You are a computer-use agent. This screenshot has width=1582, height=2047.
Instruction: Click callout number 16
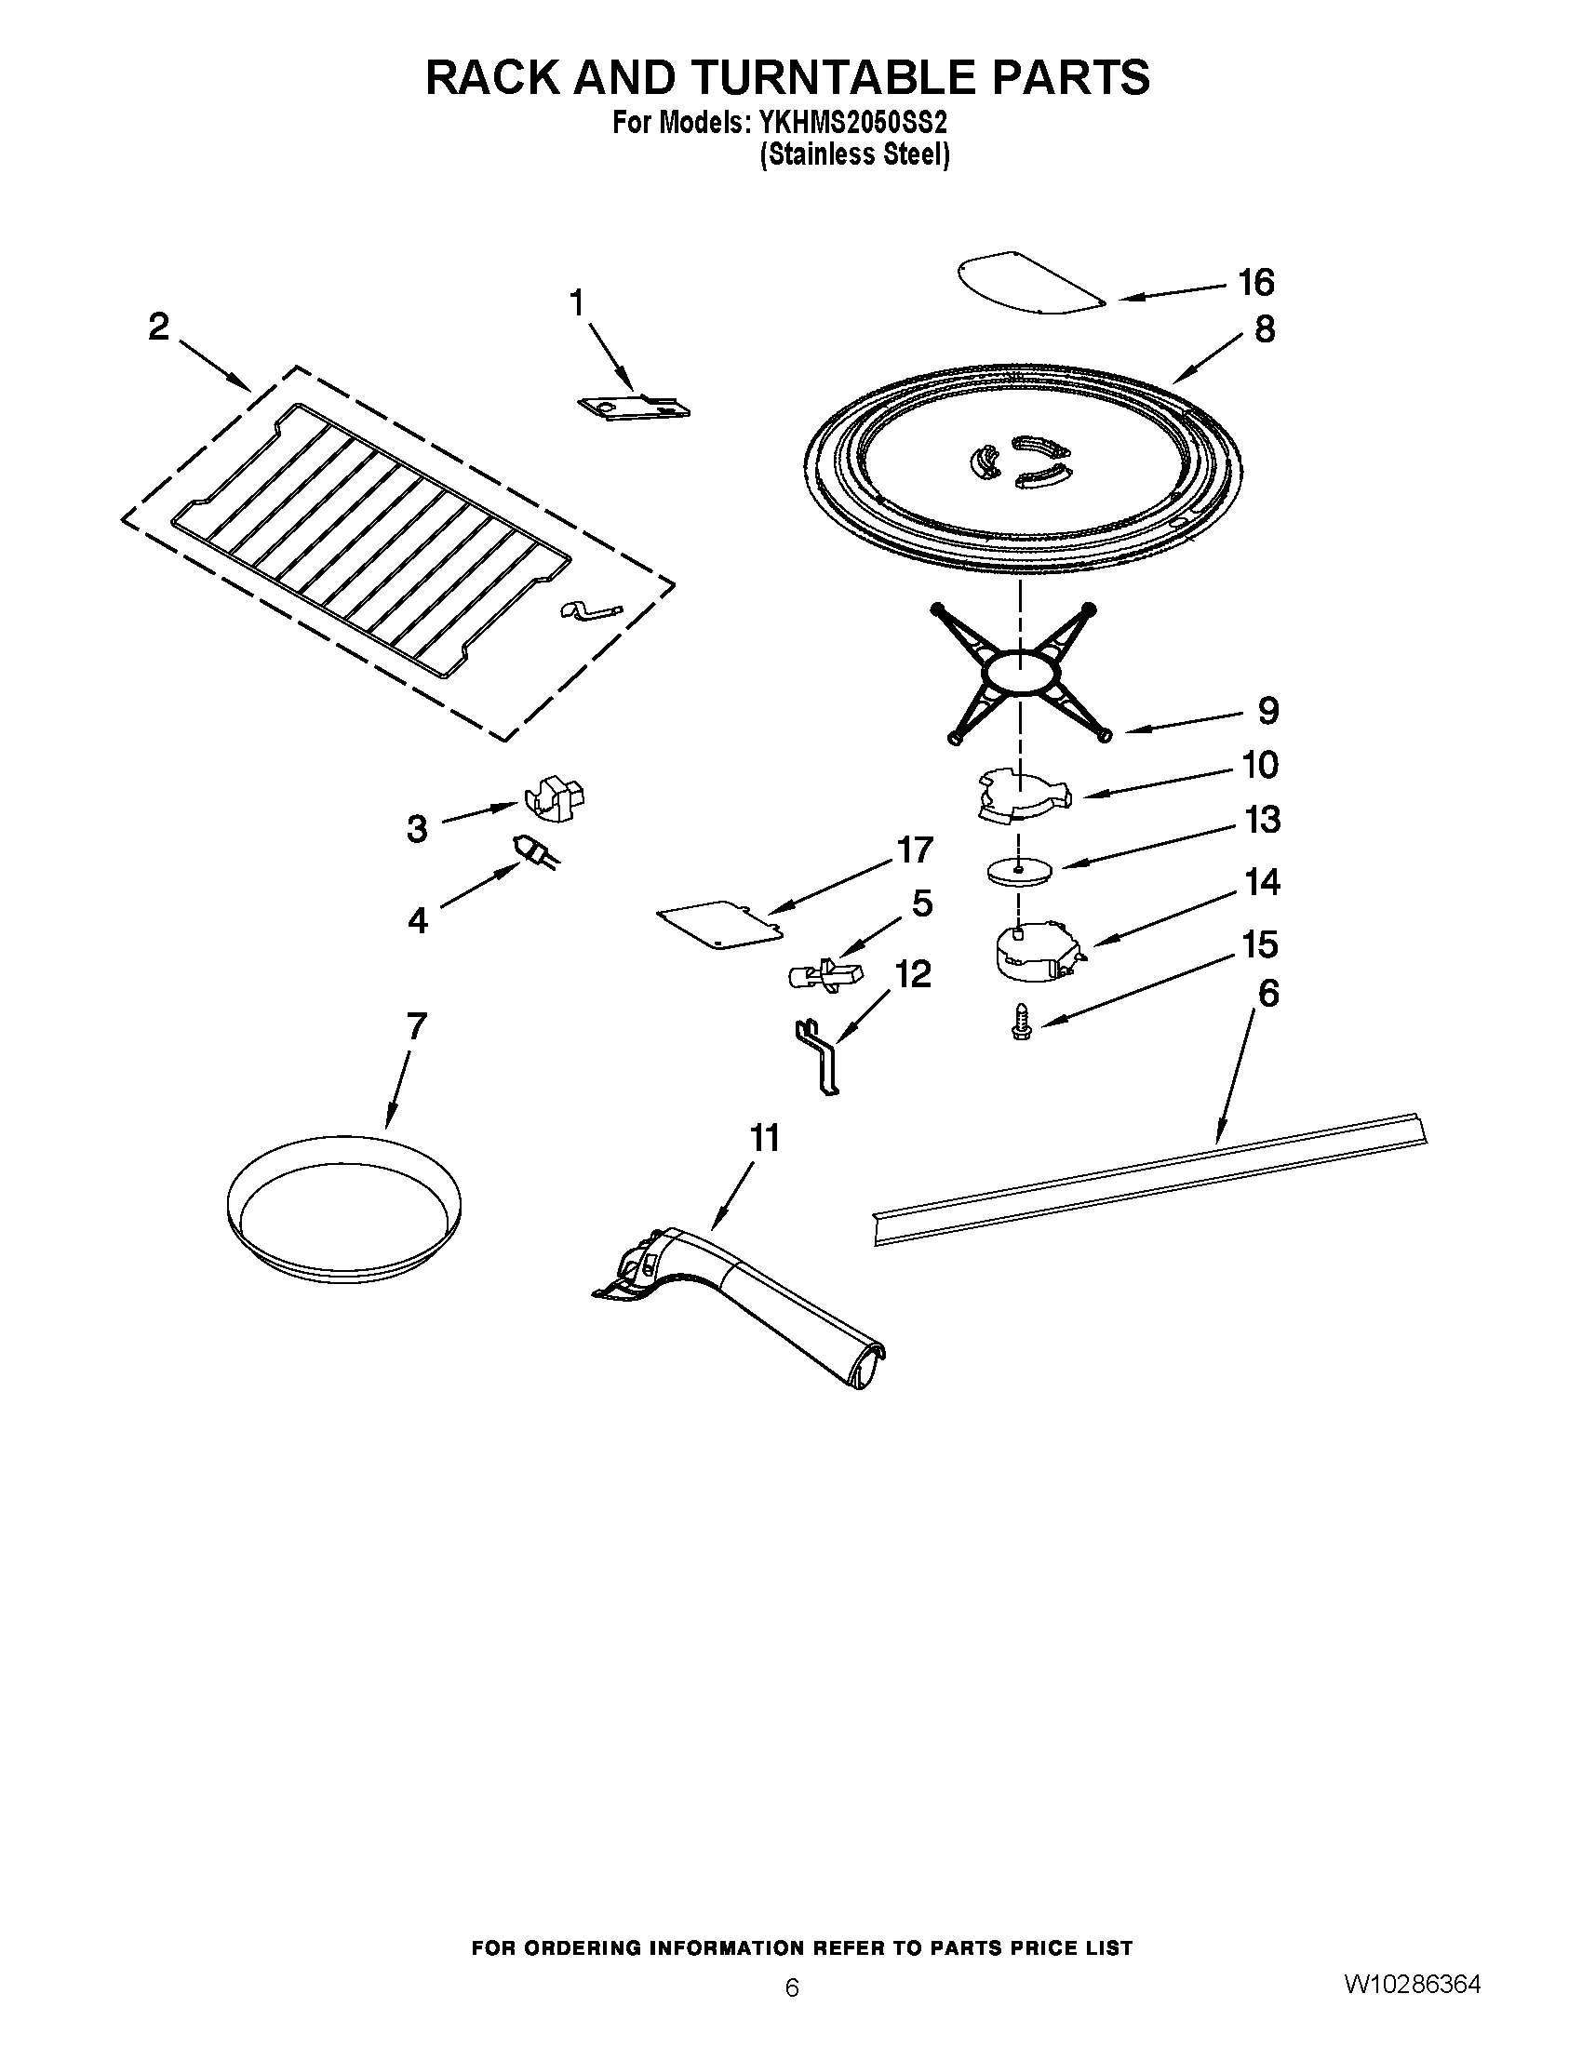[1256, 282]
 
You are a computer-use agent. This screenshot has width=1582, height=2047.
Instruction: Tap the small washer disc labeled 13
[1019, 871]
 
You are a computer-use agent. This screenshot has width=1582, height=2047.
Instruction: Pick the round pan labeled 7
[343, 1210]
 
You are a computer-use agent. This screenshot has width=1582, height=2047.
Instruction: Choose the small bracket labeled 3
[554, 799]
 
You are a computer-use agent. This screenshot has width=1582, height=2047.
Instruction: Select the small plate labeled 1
[633, 407]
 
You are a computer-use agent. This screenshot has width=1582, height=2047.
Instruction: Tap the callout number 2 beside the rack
[158, 328]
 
